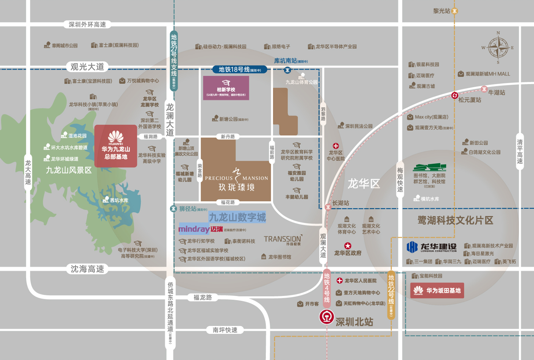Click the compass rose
click(x=498, y=48)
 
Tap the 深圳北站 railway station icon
click(x=326, y=317)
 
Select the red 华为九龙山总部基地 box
click(x=116, y=146)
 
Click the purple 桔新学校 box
click(x=226, y=88)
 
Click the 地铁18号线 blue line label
click(x=239, y=70)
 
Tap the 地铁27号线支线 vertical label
click(x=174, y=61)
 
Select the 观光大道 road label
click(x=87, y=67)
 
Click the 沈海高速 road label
click(x=87, y=269)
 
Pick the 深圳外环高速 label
click(x=87, y=25)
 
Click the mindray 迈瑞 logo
click(x=201, y=229)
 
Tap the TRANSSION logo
click(x=283, y=239)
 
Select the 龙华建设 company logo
click(x=432, y=247)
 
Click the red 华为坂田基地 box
click(x=437, y=291)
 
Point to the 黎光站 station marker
click(x=454, y=11)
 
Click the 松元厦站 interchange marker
click(x=455, y=95)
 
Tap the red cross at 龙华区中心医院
click(x=336, y=146)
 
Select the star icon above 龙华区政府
click(x=348, y=246)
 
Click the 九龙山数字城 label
click(x=237, y=217)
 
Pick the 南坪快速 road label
click(x=225, y=330)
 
